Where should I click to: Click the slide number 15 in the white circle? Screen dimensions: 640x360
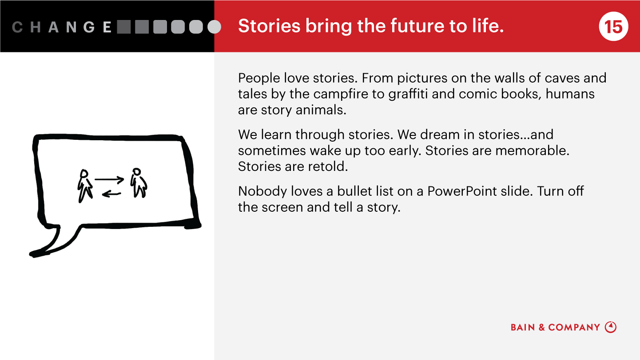coord(613,27)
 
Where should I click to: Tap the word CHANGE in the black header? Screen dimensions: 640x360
coord(62,27)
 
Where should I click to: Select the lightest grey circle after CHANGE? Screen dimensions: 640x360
coord(214,27)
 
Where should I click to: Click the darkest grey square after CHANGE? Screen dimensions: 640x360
coord(124,27)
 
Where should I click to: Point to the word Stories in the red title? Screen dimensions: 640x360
coord(269,26)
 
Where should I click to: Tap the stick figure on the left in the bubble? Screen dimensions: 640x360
coord(84,186)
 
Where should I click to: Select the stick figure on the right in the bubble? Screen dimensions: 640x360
coord(139,183)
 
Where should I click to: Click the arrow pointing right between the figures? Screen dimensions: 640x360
coord(109,180)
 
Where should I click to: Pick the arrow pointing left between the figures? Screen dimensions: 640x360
coord(111,194)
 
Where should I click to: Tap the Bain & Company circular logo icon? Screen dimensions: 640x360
coord(611,327)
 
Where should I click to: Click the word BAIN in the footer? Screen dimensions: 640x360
coord(523,328)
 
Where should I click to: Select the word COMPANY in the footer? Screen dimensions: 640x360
coord(574,328)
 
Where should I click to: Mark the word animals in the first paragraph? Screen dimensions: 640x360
coord(321,110)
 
